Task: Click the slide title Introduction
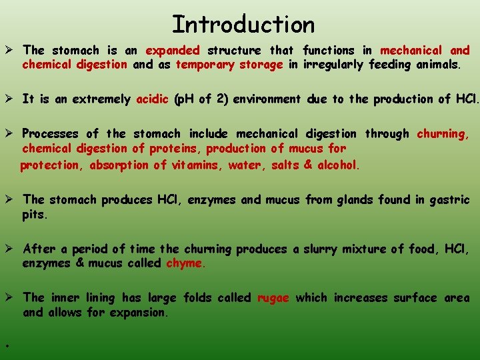point(243,24)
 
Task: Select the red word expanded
point(173,51)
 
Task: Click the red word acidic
point(152,99)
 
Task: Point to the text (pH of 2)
point(201,99)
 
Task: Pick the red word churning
point(443,134)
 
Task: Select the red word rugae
point(273,298)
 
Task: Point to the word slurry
point(321,249)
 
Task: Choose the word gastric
point(449,200)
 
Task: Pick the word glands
point(352,200)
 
